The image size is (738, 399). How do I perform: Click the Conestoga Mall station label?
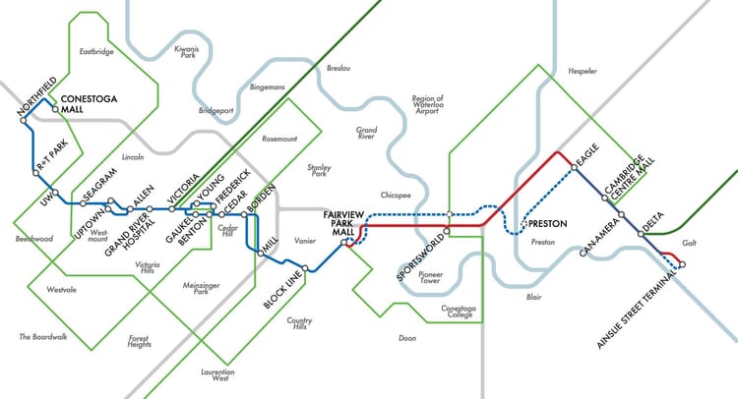[x=88, y=105]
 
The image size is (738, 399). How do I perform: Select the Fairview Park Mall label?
[x=346, y=224]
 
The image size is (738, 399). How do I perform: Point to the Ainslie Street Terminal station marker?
[x=682, y=264]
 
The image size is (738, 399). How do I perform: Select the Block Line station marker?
[x=306, y=268]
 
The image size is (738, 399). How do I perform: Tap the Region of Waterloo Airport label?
[x=428, y=105]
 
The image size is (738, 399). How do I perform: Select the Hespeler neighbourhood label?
[x=582, y=72]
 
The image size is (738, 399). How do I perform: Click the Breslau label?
[x=338, y=69]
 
